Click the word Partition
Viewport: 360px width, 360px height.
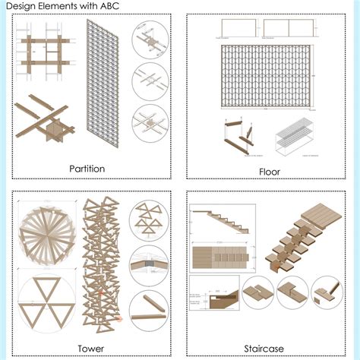tap(86, 168)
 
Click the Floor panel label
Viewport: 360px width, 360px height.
tap(269, 172)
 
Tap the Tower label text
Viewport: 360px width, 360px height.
tap(85, 349)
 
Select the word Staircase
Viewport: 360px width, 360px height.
tap(264, 349)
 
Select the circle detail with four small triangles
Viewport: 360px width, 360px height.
tap(150, 218)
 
